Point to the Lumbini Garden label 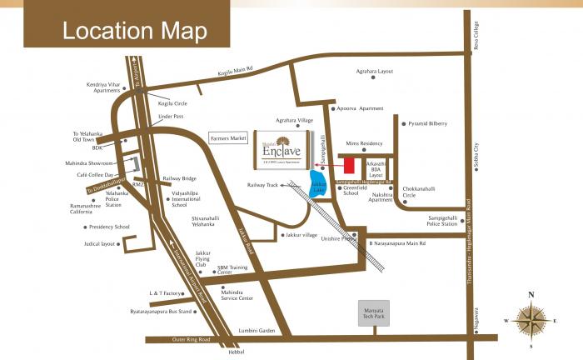[255, 330]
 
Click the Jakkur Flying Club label [206, 257]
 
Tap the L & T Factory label [165, 293]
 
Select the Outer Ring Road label [182, 339]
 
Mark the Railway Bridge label [179, 178]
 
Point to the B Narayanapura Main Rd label [396, 243]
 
